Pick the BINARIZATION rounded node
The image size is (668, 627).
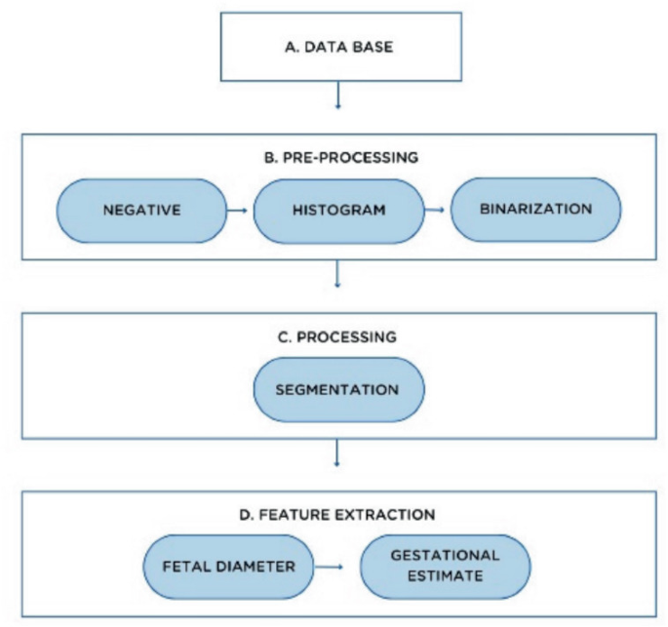click(x=535, y=210)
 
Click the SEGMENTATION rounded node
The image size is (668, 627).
click(x=336, y=389)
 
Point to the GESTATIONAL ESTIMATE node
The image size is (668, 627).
click(x=445, y=566)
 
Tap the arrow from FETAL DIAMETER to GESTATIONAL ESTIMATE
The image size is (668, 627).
click(x=333, y=567)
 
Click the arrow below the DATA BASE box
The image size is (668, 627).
click(x=336, y=97)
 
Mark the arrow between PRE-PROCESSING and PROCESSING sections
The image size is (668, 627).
click(x=336, y=275)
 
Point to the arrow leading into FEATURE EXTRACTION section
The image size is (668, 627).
click(x=336, y=454)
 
